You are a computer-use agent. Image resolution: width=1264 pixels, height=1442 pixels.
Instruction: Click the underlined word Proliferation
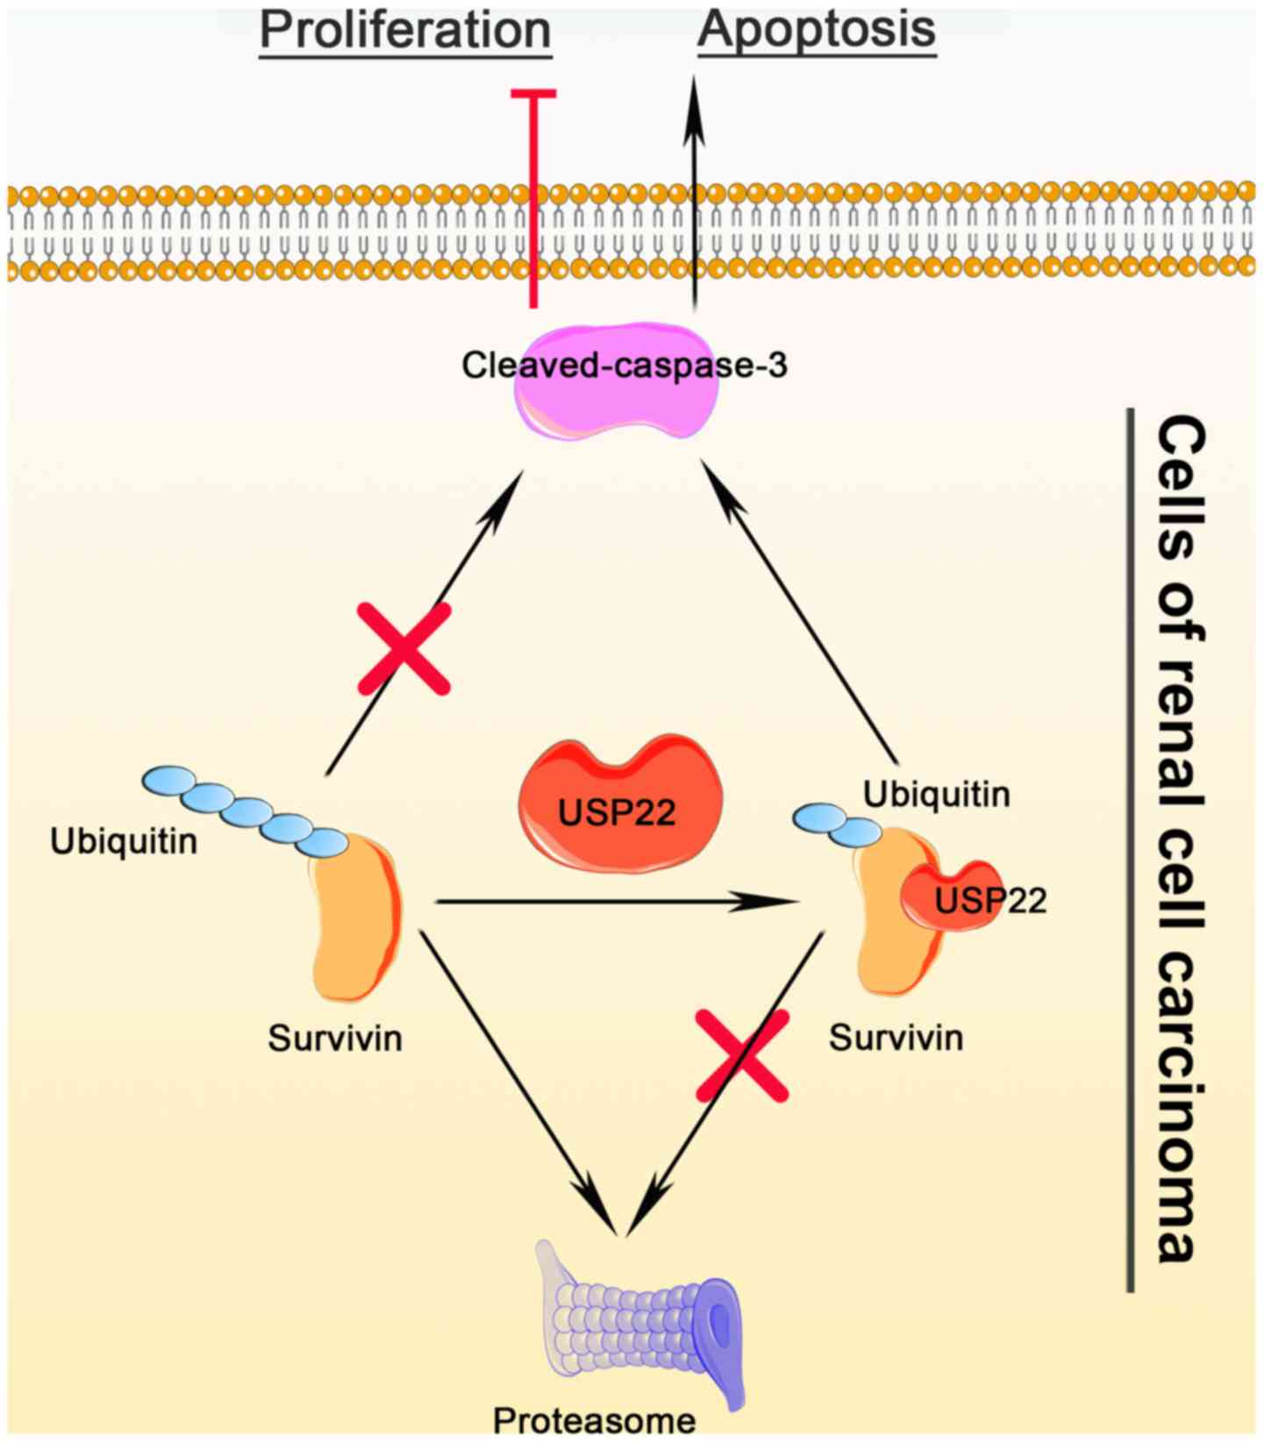click(x=405, y=30)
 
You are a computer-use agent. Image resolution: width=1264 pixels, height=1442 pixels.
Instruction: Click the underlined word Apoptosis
click(x=817, y=30)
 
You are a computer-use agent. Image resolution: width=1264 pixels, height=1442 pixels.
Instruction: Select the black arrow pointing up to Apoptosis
click(x=694, y=193)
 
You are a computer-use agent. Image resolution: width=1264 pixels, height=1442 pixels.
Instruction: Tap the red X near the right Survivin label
click(x=742, y=1055)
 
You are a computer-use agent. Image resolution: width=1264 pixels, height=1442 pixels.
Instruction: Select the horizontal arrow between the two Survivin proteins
click(x=605, y=901)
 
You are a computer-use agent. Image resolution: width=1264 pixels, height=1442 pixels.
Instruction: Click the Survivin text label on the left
click(x=335, y=1039)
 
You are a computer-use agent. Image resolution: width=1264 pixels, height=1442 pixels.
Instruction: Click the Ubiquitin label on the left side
click(x=124, y=842)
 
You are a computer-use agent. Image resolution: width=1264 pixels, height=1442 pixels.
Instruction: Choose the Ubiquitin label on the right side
click(x=936, y=795)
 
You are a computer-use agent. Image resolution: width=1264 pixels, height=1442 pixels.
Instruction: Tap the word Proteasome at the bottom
click(x=594, y=1421)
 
